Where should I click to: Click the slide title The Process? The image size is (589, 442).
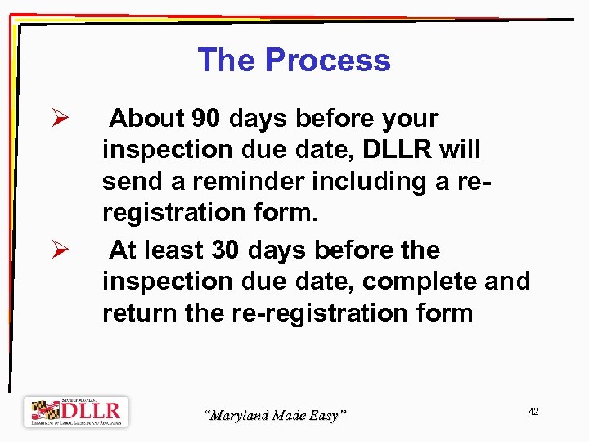(294, 61)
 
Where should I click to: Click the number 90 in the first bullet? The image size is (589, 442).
(207, 119)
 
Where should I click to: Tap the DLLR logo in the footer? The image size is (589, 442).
(76, 412)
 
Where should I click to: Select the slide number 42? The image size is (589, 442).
(533, 412)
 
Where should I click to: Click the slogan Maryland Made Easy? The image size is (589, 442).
(275, 416)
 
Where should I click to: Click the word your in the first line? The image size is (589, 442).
(408, 119)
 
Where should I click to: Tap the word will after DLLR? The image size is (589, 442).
(461, 150)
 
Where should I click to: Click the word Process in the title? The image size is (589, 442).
(328, 61)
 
